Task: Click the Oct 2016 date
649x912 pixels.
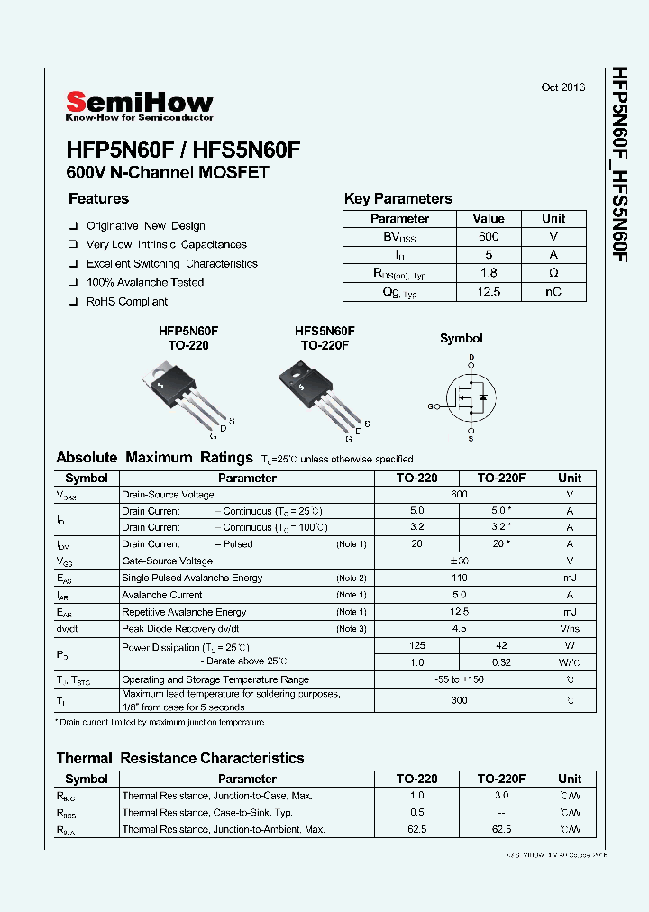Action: coord(562,87)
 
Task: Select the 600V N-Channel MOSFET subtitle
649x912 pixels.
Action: coord(168,172)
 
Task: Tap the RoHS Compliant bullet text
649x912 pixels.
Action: coord(127,302)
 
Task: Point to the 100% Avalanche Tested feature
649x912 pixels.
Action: coord(144,282)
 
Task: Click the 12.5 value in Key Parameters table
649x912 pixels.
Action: coord(488,292)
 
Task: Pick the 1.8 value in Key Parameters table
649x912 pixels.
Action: coord(488,273)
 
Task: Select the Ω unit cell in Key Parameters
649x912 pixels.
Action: coord(553,273)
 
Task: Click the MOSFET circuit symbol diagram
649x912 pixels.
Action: coord(470,397)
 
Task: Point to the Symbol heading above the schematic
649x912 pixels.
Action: coord(461,339)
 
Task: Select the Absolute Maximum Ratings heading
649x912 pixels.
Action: coord(154,458)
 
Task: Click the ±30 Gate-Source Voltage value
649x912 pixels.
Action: coord(460,561)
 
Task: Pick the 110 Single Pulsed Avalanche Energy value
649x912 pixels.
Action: coord(460,578)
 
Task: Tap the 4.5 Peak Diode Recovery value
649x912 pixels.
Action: coord(460,629)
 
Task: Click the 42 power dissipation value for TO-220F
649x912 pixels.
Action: coord(501,645)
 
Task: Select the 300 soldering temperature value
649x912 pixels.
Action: coord(460,699)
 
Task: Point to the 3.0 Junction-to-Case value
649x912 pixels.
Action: coord(501,795)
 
